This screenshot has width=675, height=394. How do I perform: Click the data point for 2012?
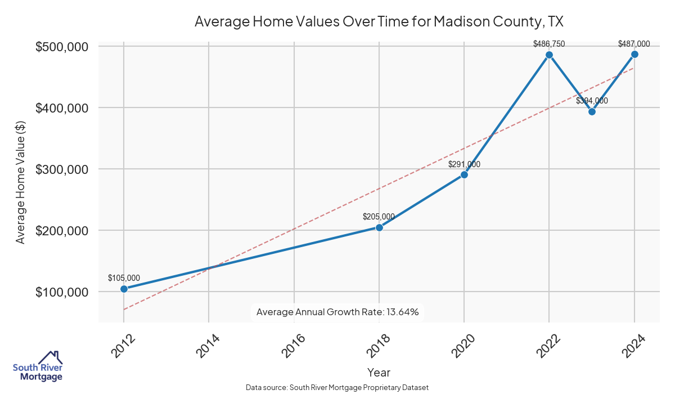pos(124,289)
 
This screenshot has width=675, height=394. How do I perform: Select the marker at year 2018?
pos(379,227)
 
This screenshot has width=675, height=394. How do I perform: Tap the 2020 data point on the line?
pos(464,174)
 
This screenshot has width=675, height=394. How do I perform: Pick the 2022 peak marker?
pos(549,55)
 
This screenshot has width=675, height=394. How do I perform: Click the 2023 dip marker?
pos(592,111)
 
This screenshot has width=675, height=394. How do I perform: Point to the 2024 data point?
pos(634,54)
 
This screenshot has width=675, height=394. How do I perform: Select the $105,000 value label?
pos(124,277)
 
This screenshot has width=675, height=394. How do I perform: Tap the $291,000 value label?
pos(464,164)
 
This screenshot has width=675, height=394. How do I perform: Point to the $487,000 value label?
pos(634,43)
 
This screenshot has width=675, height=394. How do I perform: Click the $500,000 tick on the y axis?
pos(62,47)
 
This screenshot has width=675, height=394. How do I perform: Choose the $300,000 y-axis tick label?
pos(62,169)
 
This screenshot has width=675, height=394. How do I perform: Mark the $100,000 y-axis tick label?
pos(62,292)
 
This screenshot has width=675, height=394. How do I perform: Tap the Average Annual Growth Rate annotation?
pos(337,312)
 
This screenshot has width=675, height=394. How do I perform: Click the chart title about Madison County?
pos(379,22)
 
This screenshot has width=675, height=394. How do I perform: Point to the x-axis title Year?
pos(379,372)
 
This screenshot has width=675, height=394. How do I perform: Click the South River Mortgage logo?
pos(38,366)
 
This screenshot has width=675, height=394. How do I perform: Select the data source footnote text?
pos(337,388)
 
